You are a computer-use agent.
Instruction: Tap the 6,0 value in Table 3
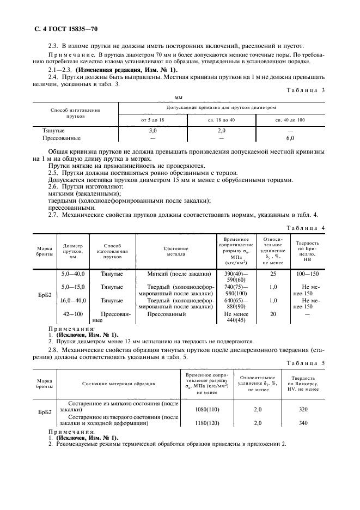[290, 138]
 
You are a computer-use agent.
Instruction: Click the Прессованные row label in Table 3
[62, 138]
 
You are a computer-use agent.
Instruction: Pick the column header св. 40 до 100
[290, 119]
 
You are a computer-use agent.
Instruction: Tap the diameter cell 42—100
[73, 314]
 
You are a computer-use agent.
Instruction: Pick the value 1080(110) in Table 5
[206, 408]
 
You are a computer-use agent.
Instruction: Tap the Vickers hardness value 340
[303, 422]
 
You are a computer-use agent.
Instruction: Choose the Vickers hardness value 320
[303, 408]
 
